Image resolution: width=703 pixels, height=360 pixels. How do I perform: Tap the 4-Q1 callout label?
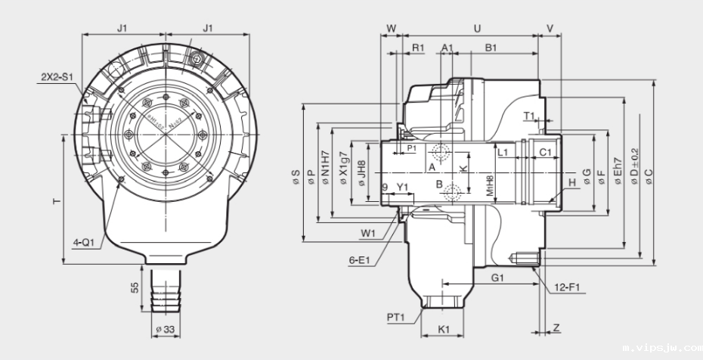click(x=84, y=243)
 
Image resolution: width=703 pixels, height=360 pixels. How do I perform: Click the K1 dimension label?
click(x=444, y=329)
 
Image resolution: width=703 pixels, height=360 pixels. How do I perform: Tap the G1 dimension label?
click(x=497, y=278)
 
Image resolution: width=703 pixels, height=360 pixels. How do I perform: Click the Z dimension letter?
click(x=556, y=327)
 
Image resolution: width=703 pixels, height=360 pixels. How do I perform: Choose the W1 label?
click(x=369, y=233)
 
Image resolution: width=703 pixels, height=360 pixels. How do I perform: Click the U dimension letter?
click(x=476, y=28)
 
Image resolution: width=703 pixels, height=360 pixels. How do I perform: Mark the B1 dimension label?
click(x=491, y=48)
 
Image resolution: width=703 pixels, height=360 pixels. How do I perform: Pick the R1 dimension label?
click(x=417, y=48)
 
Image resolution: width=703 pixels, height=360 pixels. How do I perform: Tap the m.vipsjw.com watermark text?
click(x=662, y=349)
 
